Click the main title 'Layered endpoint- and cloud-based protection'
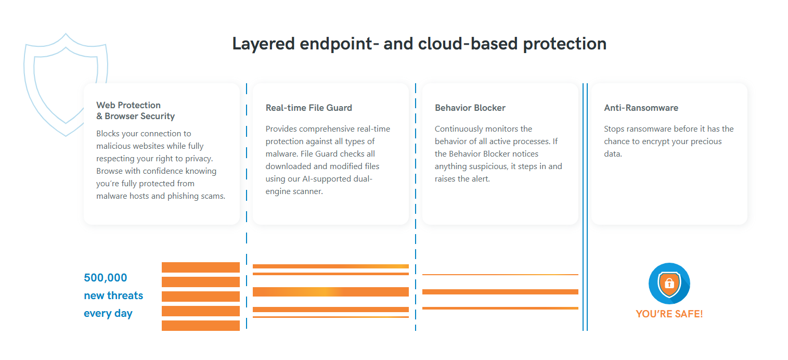click(419, 44)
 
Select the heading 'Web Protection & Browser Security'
click(135, 110)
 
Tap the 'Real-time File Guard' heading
click(308, 108)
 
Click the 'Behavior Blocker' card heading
click(470, 108)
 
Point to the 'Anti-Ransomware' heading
click(641, 108)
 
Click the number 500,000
click(105, 278)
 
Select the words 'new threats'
click(113, 295)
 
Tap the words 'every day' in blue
click(108, 313)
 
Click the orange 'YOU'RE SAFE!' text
click(669, 314)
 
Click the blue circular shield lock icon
click(669, 284)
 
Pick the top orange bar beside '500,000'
click(201, 267)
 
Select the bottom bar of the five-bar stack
click(201, 326)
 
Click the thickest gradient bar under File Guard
click(331, 292)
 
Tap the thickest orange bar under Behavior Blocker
click(500, 292)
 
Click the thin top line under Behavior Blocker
click(500, 275)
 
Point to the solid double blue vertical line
click(585, 207)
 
